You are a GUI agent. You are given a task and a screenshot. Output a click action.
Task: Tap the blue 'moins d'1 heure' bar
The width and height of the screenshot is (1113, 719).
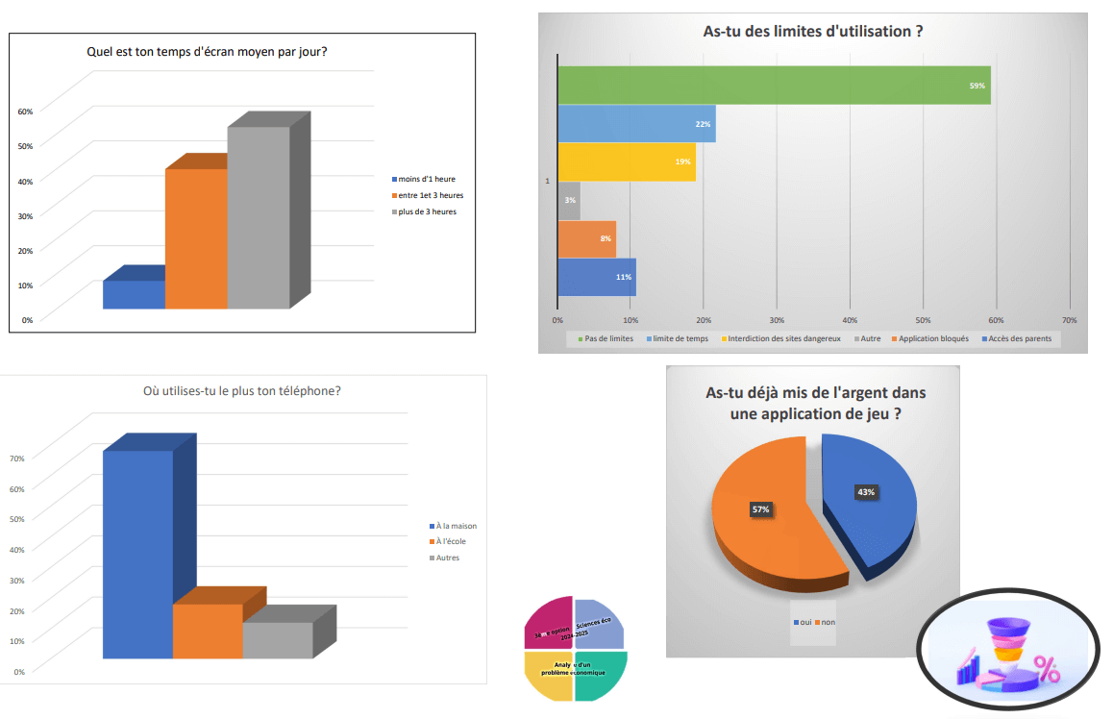[134, 294]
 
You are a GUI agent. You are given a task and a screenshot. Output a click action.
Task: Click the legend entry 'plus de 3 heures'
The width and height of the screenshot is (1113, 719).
[427, 211]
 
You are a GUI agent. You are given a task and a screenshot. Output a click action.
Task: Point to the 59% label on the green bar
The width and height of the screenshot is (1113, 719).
[977, 87]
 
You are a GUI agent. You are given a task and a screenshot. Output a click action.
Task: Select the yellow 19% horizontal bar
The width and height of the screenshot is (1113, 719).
[626, 161]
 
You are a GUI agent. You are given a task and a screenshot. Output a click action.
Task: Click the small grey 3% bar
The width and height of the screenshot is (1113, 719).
[568, 200]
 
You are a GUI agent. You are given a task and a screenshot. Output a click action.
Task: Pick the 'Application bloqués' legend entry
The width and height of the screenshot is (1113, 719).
[933, 338]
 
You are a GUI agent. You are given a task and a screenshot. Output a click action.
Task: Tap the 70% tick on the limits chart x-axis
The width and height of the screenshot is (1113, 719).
[1069, 319]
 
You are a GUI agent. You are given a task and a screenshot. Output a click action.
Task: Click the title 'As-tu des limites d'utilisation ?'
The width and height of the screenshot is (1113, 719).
[813, 32]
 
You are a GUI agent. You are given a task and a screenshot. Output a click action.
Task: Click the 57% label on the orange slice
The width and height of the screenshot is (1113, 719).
[760, 509]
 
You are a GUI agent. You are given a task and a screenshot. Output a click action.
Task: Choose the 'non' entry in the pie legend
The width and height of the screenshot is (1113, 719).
[828, 622]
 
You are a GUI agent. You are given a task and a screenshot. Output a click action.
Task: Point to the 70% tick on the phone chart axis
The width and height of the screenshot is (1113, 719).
[17, 459]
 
